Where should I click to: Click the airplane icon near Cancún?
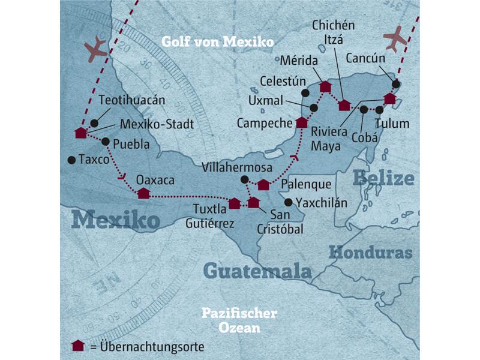[x=394, y=39]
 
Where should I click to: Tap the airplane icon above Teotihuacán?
[x=95, y=50]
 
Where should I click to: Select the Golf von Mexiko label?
[x=217, y=42]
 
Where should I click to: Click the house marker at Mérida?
[x=325, y=87]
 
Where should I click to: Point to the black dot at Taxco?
[x=71, y=160]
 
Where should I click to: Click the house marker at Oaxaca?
[x=143, y=193]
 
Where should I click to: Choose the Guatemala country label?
[x=257, y=271]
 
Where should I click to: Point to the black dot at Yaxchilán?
[x=289, y=202]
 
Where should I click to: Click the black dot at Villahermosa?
[x=244, y=179]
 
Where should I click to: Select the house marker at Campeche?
[x=302, y=122]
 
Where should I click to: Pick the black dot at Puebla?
[x=106, y=142]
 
